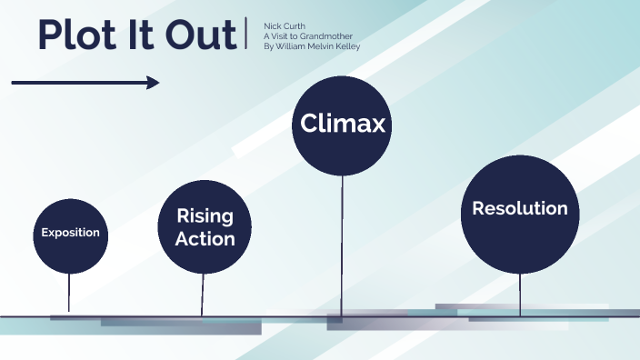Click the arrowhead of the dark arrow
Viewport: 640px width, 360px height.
tap(153, 83)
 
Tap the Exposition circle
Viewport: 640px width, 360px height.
tap(70, 233)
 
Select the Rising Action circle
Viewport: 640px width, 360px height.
tap(205, 227)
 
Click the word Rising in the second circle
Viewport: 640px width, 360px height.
tap(205, 216)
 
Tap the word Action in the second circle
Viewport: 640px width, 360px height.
tap(205, 239)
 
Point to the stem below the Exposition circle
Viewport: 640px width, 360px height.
tap(69, 292)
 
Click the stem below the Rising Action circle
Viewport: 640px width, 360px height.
tap(203, 294)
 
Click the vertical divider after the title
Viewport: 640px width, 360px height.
tap(246, 34)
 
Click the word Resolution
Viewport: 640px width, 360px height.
tap(520, 208)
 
